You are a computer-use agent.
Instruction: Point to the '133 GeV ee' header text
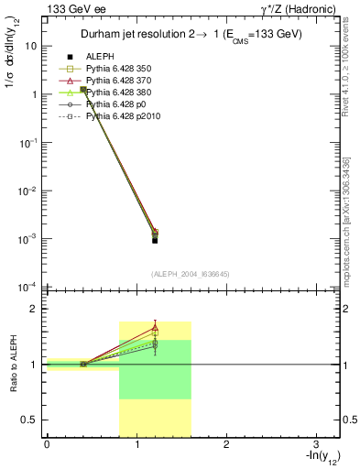coord(74,9)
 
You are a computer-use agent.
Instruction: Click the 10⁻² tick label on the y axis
coord(28,191)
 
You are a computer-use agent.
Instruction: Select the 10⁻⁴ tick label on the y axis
coord(28,287)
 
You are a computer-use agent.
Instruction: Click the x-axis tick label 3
coord(314,444)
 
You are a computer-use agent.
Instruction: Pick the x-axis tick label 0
coord(47,444)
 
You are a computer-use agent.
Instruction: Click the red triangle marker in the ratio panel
coord(155,327)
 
